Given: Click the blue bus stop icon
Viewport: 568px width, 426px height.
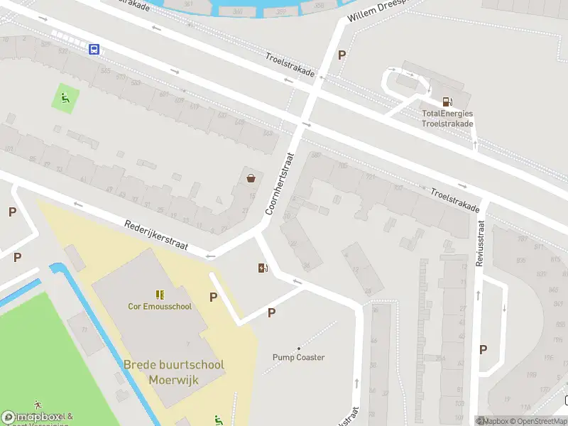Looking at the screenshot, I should click(x=94, y=49).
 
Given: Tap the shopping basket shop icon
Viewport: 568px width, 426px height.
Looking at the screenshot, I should click(x=251, y=178).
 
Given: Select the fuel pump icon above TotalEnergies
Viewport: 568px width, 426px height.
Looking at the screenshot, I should click(x=447, y=102).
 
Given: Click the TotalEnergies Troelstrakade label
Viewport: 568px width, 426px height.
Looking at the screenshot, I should click(x=447, y=118).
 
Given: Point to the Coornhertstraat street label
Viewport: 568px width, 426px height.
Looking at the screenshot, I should click(x=279, y=184).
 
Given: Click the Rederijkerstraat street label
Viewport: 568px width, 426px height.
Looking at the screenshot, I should click(x=156, y=234).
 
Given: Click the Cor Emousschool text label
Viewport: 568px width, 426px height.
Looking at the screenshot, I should click(x=160, y=307).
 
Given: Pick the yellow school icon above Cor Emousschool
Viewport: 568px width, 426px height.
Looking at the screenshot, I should click(x=160, y=294).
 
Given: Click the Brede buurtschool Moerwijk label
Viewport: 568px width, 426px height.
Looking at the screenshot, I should click(x=174, y=371).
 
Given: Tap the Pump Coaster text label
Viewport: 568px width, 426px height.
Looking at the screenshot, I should click(x=299, y=357).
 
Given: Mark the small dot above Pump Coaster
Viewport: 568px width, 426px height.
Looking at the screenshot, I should click(x=299, y=348).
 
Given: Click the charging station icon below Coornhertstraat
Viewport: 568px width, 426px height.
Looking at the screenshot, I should click(x=263, y=268).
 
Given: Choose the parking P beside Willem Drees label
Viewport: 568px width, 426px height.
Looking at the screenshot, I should click(x=342, y=55).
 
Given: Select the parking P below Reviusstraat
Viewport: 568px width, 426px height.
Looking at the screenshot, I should click(x=484, y=349).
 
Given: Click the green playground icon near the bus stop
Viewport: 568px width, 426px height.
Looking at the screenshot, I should click(x=65, y=99).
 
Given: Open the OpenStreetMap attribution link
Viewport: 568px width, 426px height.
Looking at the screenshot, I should click(x=539, y=421).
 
